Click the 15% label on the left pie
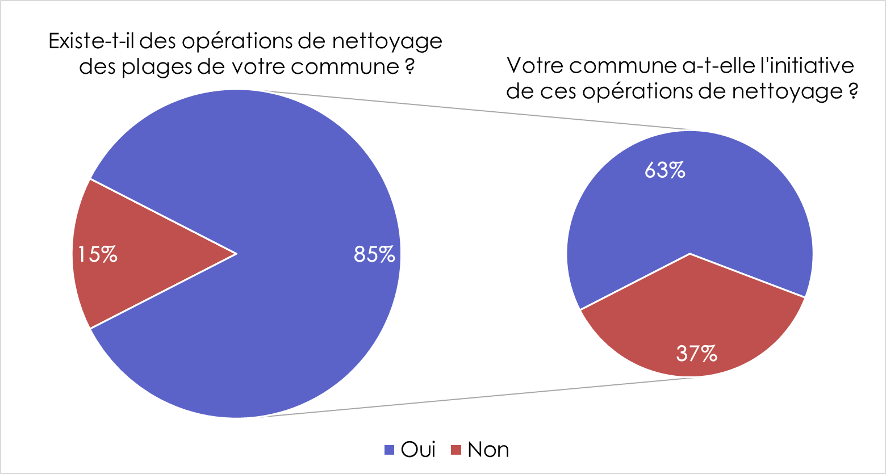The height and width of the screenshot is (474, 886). (x=98, y=254)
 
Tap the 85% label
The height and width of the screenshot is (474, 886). (x=374, y=254)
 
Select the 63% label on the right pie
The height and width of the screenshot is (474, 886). (x=664, y=170)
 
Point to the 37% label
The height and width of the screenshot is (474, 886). (x=696, y=354)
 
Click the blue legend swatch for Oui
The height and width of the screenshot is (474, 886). (x=390, y=450)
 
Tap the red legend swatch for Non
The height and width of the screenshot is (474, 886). (x=456, y=450)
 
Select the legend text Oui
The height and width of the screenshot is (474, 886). (x=418, y=449)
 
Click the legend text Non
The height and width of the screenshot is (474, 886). (x=488, y=449)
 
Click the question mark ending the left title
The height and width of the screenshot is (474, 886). (x=409, y=67)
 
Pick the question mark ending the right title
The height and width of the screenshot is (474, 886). (x=852, y=91)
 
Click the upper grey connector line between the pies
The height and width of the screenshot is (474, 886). (x=477, y=110)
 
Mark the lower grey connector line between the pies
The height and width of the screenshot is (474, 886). (x=477, y=397)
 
